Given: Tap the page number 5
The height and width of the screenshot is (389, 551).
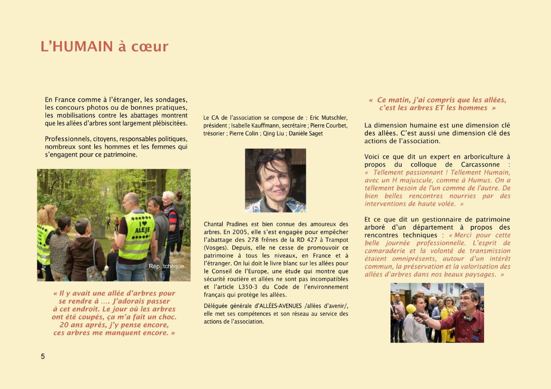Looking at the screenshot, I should click(43, 356).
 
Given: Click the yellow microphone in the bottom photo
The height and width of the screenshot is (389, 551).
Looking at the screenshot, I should click(411, 310).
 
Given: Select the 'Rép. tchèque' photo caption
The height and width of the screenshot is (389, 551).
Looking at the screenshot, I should click(166, 266).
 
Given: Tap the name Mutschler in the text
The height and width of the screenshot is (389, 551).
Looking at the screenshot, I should click(333, 118).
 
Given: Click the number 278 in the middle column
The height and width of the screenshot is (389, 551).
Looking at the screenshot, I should click(253, 240).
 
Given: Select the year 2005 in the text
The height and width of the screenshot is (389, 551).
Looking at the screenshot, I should click(240, 232).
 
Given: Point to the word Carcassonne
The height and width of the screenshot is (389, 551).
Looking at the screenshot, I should click(480, 165).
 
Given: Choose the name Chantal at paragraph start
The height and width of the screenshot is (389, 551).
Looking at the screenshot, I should click(214, 224).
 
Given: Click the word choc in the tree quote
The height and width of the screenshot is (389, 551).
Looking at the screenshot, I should click(167, 317).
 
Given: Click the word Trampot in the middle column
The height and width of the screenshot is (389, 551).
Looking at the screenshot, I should click(337, 240).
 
